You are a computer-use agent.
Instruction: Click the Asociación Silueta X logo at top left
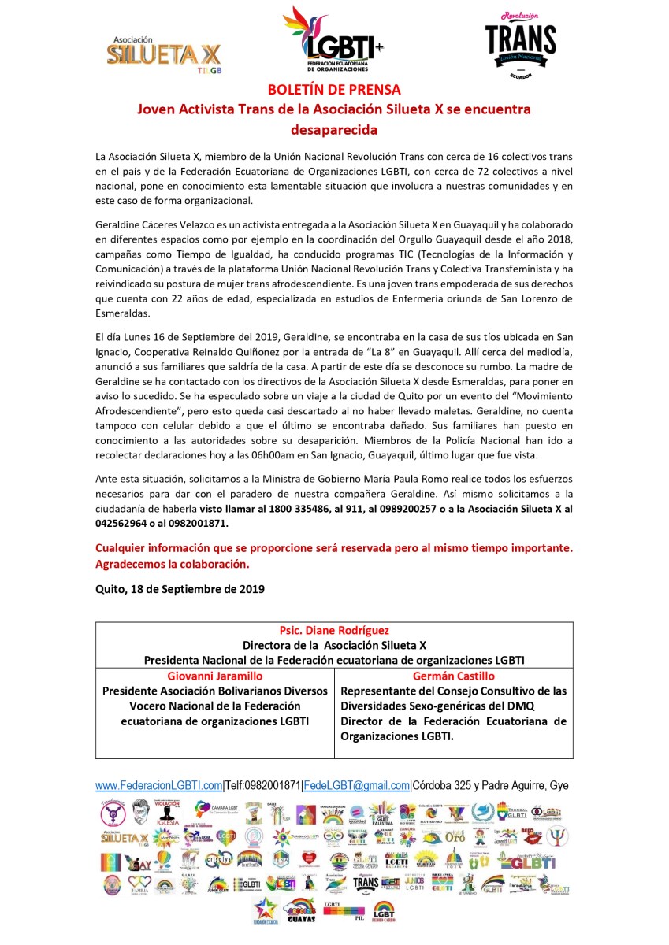pyautogui.click(x=164, y=54)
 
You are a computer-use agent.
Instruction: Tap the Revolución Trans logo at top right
pyautogui.click(x=520, y=44)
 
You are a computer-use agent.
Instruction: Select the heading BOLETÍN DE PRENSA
pyautogui.click(x=334, y=90)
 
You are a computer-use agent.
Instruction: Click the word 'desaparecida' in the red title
pyautogui.click(x=334, y=129)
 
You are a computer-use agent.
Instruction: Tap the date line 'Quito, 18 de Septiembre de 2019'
pyautogui.click(x=180, y=588)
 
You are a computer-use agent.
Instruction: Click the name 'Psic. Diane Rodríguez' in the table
pyautogui.click(x=334, y=631)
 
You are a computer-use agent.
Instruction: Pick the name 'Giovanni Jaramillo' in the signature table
pyautogui.click(x=215, y=676)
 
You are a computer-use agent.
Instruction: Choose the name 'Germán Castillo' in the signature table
pyautogui.click(x=454, y=676)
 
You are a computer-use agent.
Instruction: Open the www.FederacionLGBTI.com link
pyautogui.click(x=158, y=785)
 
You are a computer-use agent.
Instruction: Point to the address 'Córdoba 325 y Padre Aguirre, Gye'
pyautogui.click(x=491, y=785)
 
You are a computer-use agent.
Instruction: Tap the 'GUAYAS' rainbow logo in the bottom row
pyautogui.click(x=299, y=910)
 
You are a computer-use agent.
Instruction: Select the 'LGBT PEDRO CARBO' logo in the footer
pyautogui.click(x=384, y=910)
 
